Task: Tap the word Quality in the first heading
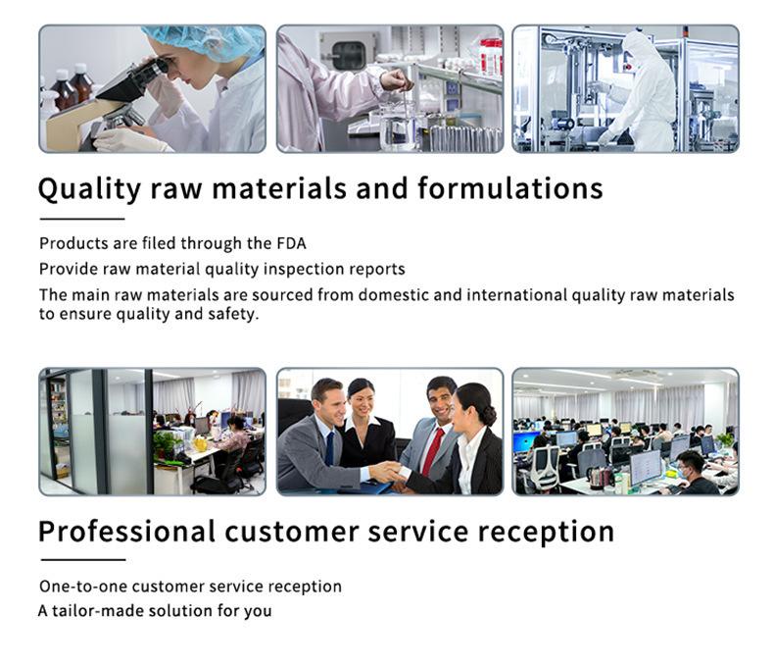[x=89, y=189]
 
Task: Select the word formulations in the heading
[x=509, y=188]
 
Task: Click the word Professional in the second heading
[x=126, y=532]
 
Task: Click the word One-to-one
[x=83, y=587]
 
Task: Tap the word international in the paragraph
[x=517, y=294]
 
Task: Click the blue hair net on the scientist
[x=208, y=40]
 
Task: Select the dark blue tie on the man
[x=330, y=448]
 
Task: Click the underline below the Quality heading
[x=82, y=219]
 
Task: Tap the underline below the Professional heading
[x=83, y=560]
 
